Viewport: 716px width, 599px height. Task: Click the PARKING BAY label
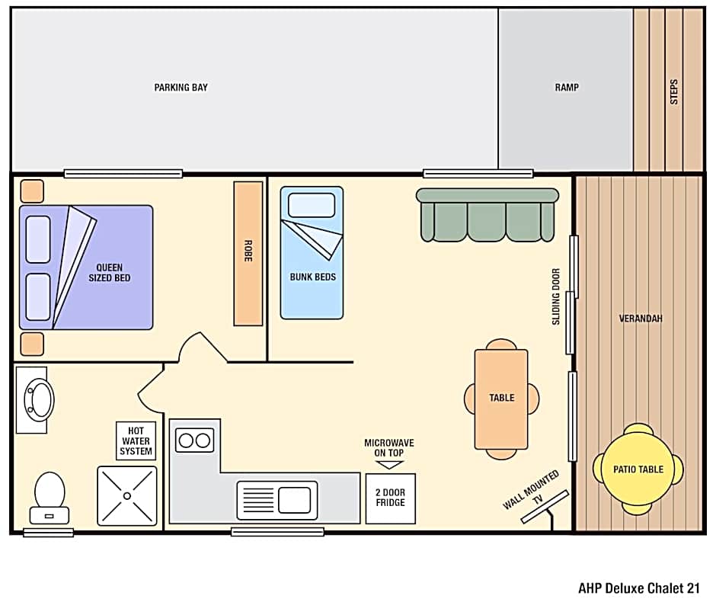pyautogui.click(x=181, y=88)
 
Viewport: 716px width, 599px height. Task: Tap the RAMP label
pyautogui.click(x=566, y=88)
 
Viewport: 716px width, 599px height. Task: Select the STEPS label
pyautogui.click(x=673, y=91)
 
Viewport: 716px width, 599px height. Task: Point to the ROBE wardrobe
pyautogui.click(x=248, y=253)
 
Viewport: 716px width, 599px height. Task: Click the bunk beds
pyautogui.click(x=312, y=252)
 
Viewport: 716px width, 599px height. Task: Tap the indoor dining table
pyautogui.click(x=501, y=399)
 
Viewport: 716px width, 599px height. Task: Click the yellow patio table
pyautogui.click(x=638, y=469)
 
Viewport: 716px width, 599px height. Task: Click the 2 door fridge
pyautogui.click(x=390, y=498)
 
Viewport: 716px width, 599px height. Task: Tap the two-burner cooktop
pyautogui.click(x=194, y=440)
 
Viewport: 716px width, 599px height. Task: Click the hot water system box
pyautogui.click(x=136, y=441)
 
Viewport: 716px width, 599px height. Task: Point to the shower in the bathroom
pyautogui.click(x=126, y=495)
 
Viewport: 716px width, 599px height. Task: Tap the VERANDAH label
pyautogui.click(x=641, y=319)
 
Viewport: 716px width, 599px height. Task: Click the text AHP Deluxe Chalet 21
pyautogui.click(x=638, y=588)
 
